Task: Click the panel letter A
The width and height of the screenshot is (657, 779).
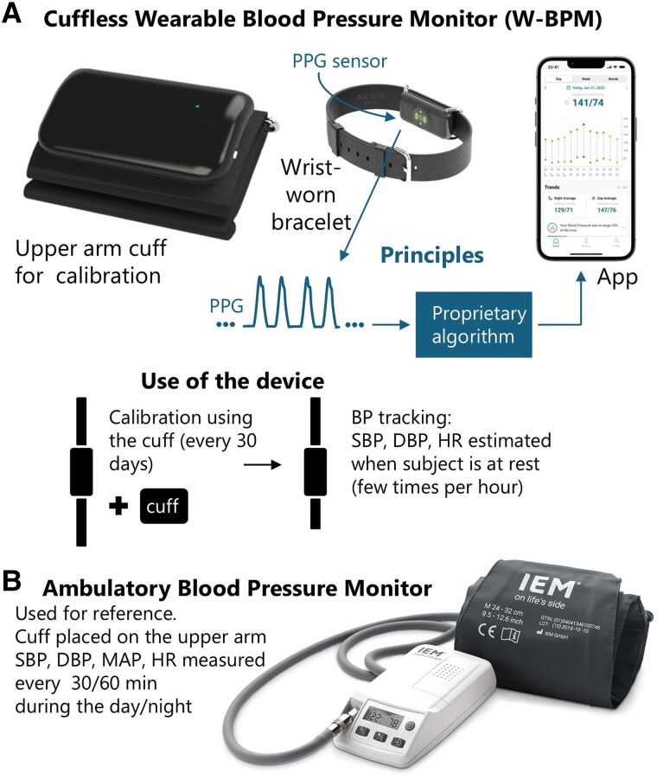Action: point(12,16)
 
